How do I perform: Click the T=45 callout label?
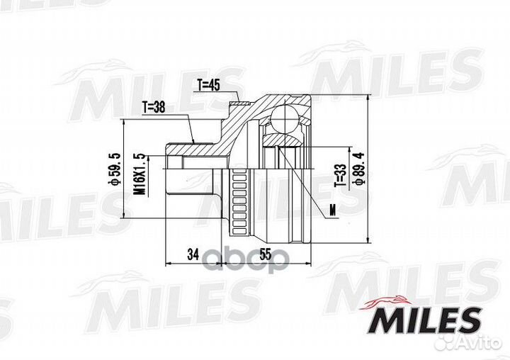pos(209,85)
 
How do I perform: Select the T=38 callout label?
pos(154,107)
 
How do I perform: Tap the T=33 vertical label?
pos(340,175)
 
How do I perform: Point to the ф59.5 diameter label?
pos(115,169)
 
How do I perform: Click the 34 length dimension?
pos(193,254)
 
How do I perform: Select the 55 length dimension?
pos(266,254)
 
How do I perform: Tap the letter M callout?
pos(332,210)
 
